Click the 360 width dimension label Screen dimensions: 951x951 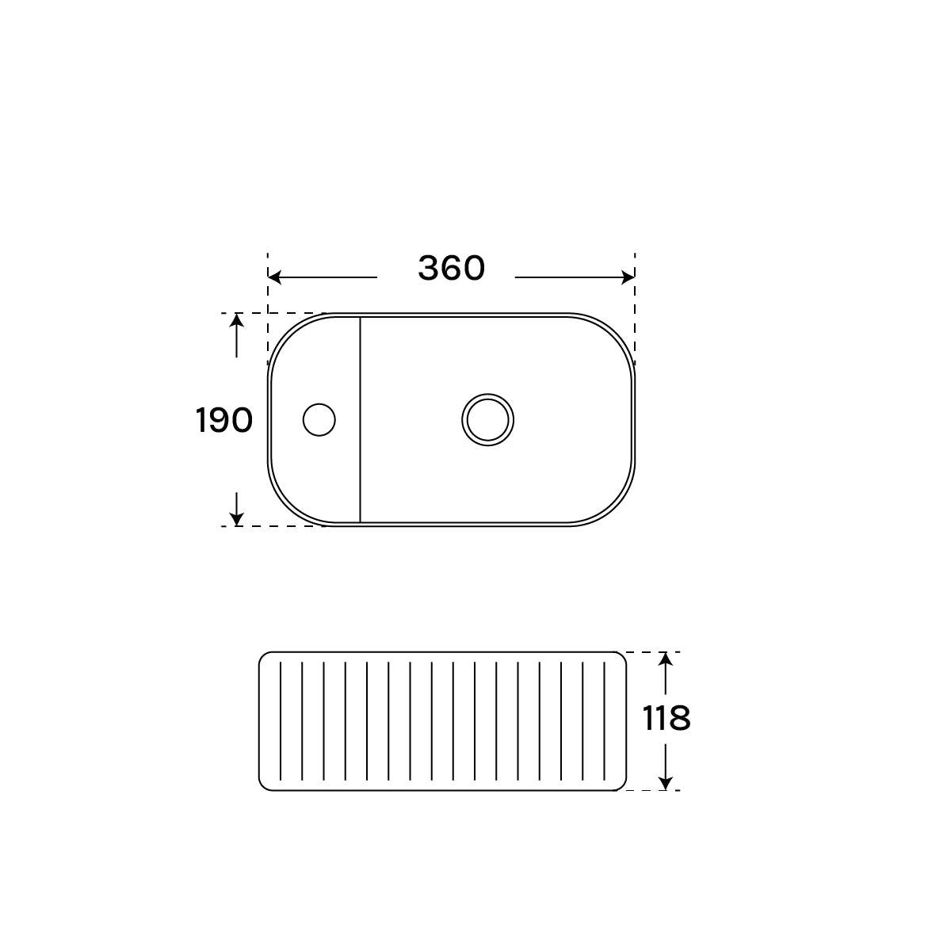click(451, 269)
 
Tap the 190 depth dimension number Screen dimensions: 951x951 click(223, 420)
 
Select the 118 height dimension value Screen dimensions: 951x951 click(666, 719)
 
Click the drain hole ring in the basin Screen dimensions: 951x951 click(488, 419)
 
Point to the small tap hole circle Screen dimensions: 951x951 click(319, 419)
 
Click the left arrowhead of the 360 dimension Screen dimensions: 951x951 click(274, 277)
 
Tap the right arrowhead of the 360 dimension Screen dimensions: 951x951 click(628, 277)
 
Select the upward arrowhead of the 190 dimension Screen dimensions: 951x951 click(236, 319)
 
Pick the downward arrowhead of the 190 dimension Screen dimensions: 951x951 click(236, 520)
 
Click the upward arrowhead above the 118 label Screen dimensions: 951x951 click(666, 658)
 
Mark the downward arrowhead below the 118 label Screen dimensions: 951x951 click(666, 784)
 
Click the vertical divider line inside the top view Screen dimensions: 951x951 click(361, 420)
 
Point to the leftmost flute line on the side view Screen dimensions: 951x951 click(281, 721)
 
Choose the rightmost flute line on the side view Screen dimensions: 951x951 click(605, 721)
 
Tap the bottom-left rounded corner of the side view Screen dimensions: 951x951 click(263, 786)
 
